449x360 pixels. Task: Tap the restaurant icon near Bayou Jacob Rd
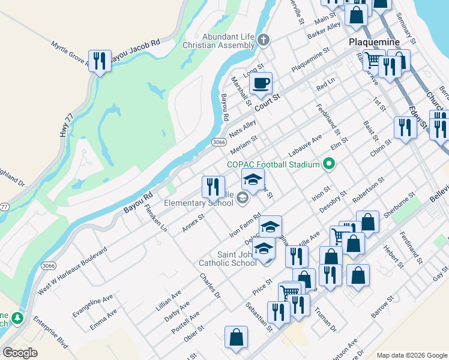[x=99, y=61]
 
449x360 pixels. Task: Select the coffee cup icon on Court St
[x=261, y=83]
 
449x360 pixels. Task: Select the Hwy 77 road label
[x=66, y=127]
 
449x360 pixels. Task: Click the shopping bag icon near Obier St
[x=236, y=337]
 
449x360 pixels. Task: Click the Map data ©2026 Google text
[x=412, y=355]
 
